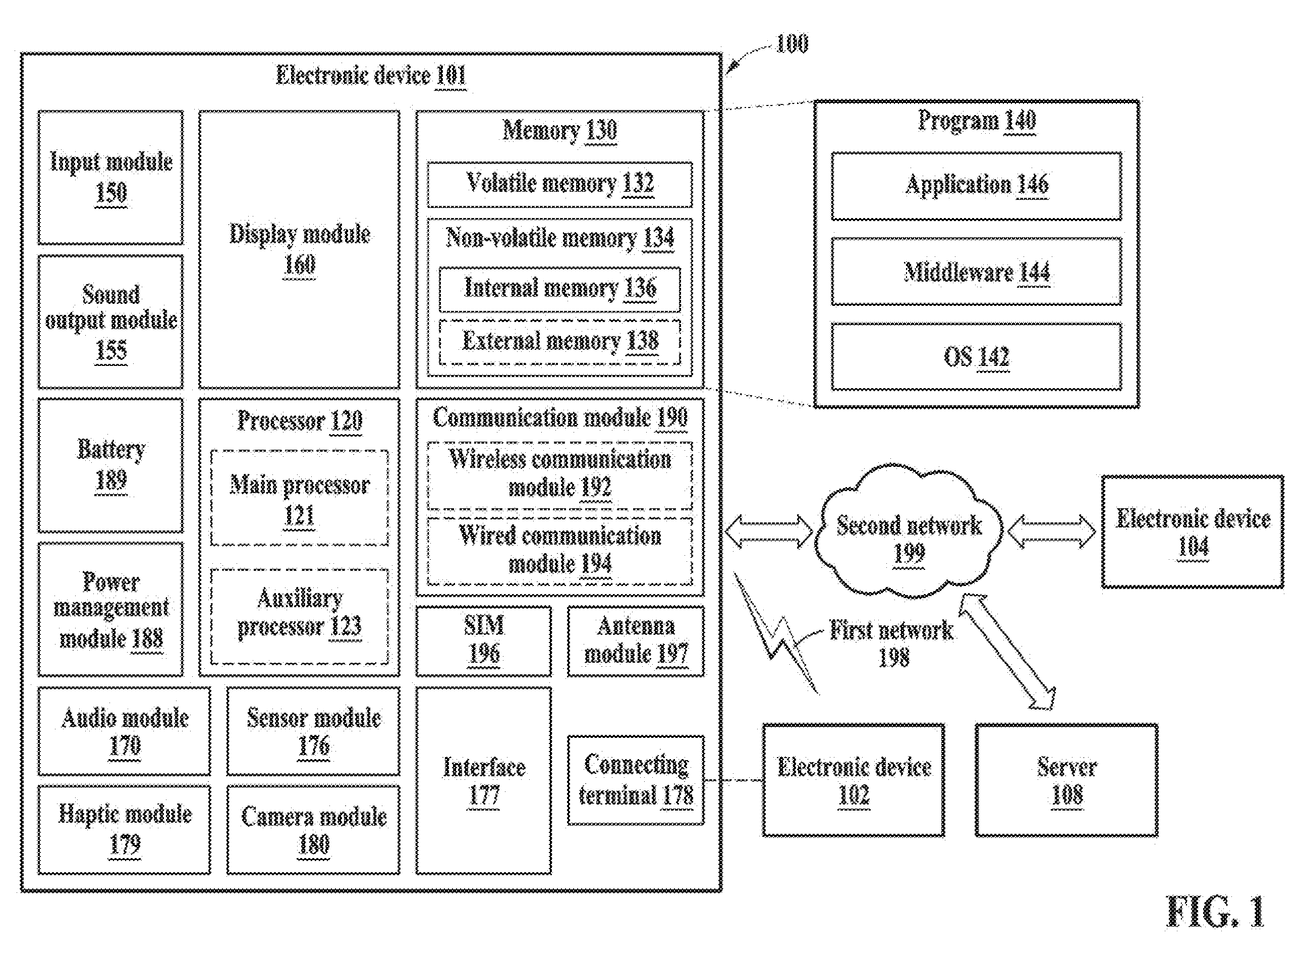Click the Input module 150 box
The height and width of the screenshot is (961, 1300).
[110, 178]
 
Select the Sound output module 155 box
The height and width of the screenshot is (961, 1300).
[110, 322]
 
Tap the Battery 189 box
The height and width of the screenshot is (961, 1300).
[110, 465]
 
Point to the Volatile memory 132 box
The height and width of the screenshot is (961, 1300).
[559, 184]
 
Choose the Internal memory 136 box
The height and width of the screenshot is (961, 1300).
[559, 289]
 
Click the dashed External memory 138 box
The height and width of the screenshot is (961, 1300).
[559, 342]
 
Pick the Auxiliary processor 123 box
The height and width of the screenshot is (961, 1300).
[300, 617]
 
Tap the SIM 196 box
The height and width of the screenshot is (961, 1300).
[484, 641]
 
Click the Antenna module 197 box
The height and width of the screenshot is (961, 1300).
[636, 641]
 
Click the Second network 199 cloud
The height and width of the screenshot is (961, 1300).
[909, 532]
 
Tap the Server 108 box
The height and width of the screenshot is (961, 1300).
[1067, 780]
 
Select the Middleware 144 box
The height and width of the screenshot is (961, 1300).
[977, 272]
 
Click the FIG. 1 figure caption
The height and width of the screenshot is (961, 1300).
[1216, 912]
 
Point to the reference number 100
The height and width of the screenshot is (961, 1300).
[792, 43]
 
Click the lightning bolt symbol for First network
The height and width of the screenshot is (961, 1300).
[776, 634]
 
